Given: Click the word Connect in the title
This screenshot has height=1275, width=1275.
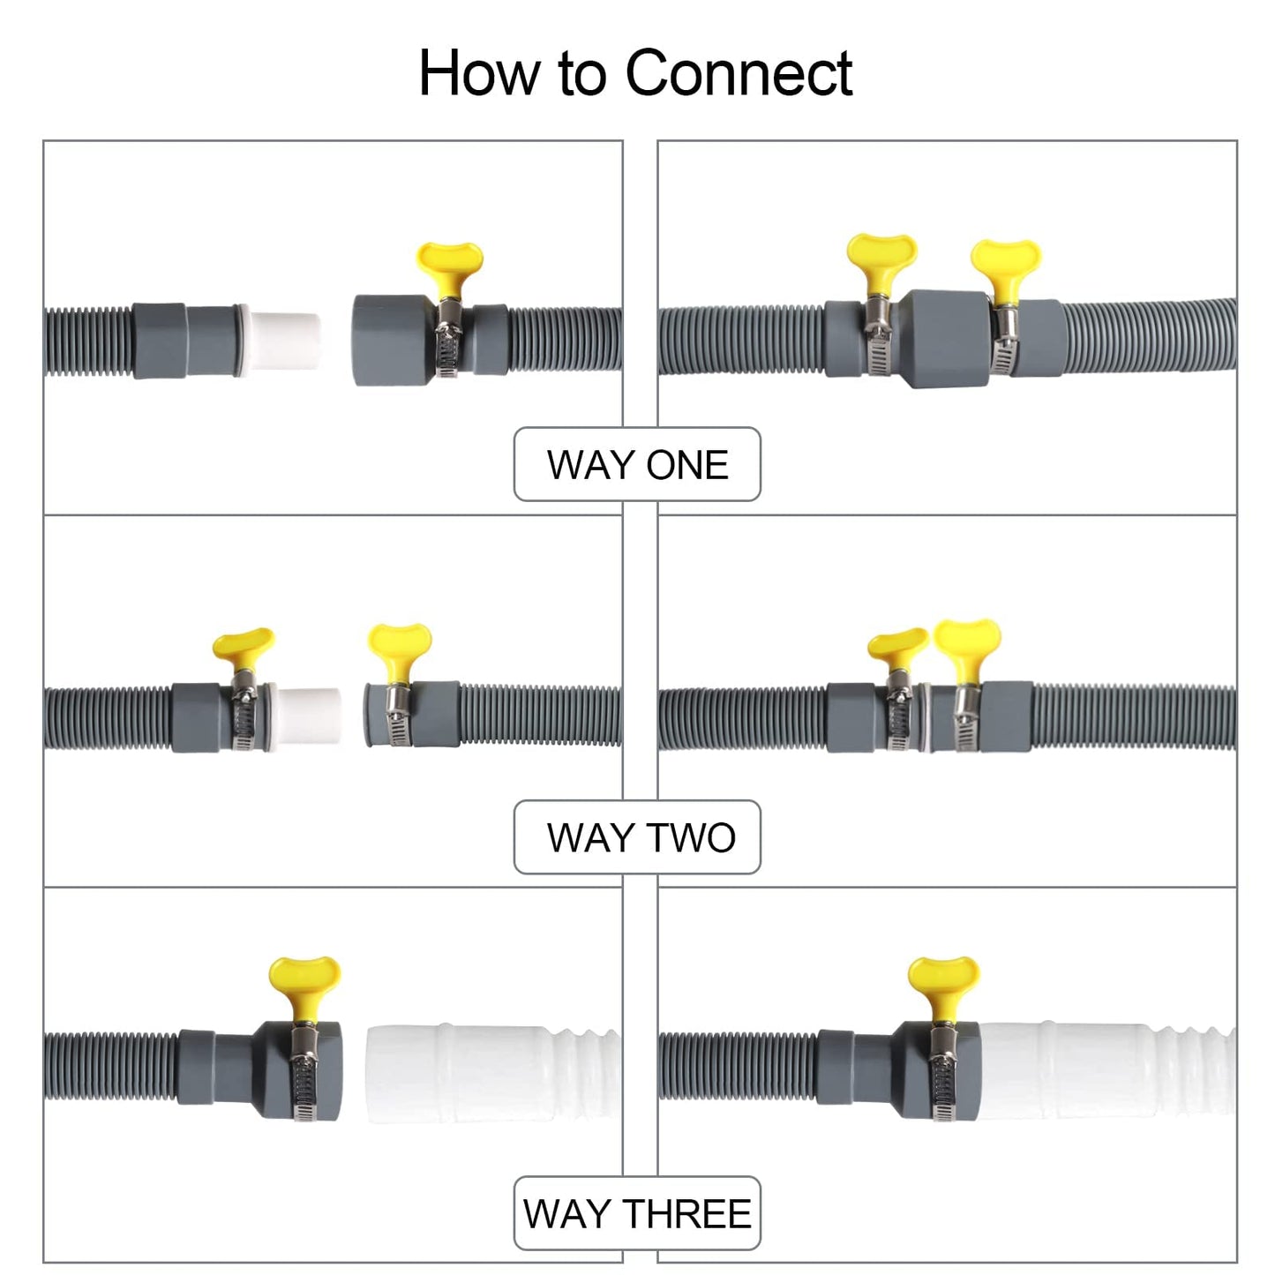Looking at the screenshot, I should [x=739, y=73].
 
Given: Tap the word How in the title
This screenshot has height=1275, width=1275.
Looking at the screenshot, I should [x=479, y=73].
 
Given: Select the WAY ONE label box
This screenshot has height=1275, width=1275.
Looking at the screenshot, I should [x=637, y=464].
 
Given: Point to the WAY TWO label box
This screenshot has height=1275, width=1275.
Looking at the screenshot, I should [x=637, y=837].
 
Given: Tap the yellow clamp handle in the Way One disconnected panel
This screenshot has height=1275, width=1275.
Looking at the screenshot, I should [x=450, y=265].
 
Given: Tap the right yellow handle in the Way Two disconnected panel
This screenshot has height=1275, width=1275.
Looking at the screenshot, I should [x=400, y=644].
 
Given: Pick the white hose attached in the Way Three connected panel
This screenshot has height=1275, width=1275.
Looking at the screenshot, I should [x=1103, y=1071].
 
